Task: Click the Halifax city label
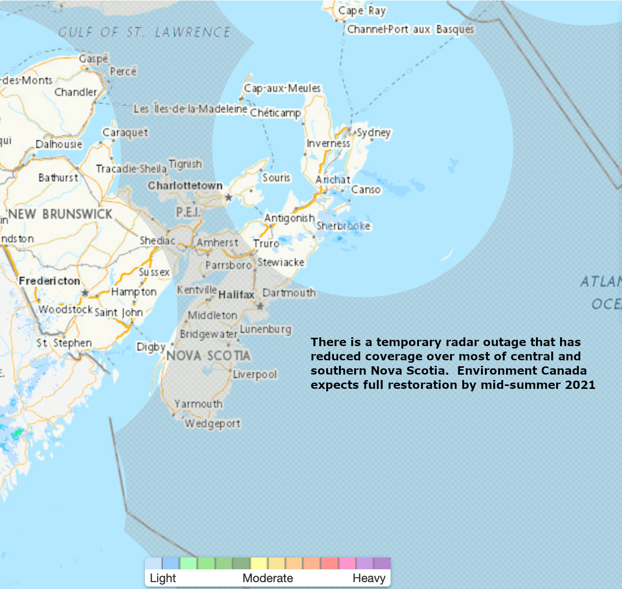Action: pos(236,294)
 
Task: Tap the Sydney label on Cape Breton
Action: pos(373,132)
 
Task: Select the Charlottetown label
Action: pos(185,185)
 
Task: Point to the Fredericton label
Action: pos(49,281)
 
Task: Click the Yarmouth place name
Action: pos(198,404)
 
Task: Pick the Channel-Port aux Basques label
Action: pos(411,29)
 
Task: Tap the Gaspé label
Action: pos(93,59)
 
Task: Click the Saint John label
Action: pos(118,312)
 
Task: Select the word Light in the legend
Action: pos(163,578)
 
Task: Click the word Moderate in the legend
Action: pos(268,578)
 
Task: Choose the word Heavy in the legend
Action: pos(368,578)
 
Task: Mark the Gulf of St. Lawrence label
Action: pos(144,32)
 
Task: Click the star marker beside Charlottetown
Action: pos(228,197)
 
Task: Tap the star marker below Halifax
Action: pos(260,306)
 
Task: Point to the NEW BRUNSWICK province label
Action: pos(60,214)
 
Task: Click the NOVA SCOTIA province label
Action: pos(208,355)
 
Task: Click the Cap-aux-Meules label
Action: pos(283,88)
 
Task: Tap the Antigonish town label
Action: pos(289,218)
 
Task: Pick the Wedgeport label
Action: pos(212,423)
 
